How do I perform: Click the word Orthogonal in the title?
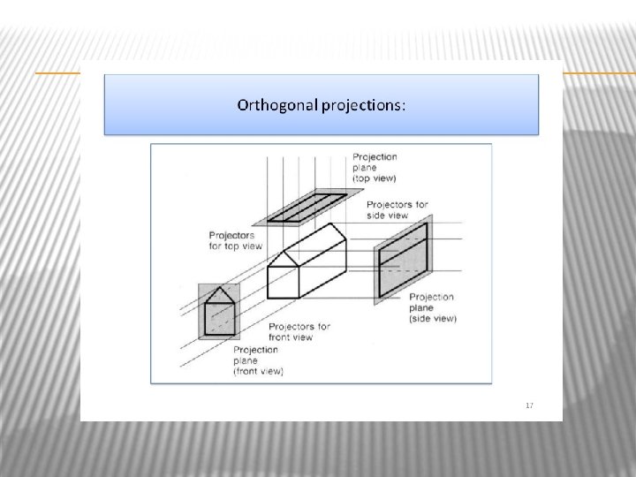[277, 105]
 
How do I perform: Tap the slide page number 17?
[529, 405]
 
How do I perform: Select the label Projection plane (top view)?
[375, 168]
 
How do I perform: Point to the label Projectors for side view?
[397, 209]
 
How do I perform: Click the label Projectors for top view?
[236, 240]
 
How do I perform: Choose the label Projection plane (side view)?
[432, 307]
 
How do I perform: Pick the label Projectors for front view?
[299, 332]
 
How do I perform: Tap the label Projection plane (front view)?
[258, 360]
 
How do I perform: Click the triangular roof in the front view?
[219, 296]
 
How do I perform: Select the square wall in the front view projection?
[220, 319]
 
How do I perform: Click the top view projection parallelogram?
[307, 208]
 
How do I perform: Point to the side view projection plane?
[403, 260]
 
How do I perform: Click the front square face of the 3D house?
[284, 283]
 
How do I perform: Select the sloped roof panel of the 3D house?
[314, 244]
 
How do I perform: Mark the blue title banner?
[322, 104]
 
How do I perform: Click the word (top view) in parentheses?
[374, 178]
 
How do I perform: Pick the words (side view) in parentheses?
[433, 319]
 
